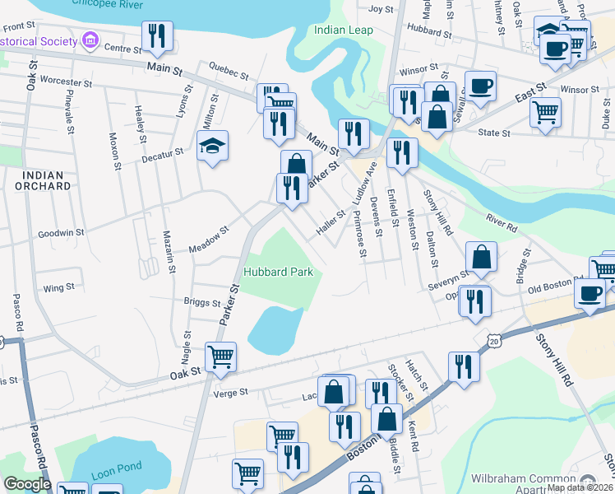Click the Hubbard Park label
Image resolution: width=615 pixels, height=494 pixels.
click(x=278, y=272)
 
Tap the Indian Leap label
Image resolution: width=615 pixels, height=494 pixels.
click(x=344, y=30)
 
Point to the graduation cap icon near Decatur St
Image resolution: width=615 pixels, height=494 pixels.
click(x=213, y=147)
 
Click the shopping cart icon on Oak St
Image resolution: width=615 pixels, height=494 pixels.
click(x=220, y=357)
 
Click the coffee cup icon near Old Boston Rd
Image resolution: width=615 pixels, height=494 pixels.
click(x=590, y=295)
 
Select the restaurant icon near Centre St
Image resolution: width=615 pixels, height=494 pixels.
click(x=156, y=36)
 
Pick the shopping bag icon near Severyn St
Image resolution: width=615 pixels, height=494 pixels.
click(x=482, y=257)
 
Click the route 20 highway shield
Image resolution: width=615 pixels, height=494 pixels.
click(x=492, y=339)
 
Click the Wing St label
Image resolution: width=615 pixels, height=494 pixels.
click(x=58, y=287)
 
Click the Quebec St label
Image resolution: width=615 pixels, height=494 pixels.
click(x=229, y=73)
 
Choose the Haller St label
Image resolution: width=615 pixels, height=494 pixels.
click(x=331, y=225)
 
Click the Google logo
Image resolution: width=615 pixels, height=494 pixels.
click(x=27, y=484)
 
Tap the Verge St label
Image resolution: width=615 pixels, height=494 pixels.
click(x=231, y=393)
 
